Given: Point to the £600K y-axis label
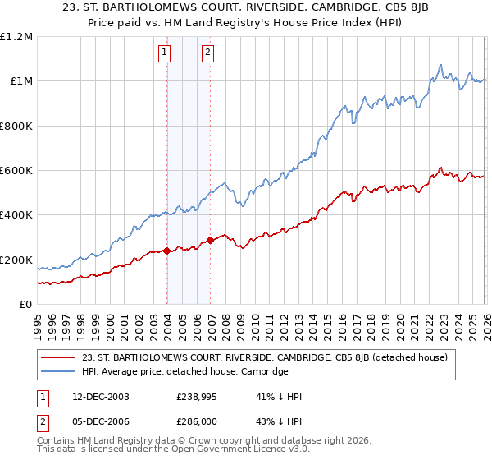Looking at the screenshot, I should coord(16,171).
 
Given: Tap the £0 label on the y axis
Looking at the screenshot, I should coord(26,305).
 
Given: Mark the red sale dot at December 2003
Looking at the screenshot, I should coord(167,251).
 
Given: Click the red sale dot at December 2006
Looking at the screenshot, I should coord(211,241).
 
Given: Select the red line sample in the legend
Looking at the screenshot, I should coord(58,357).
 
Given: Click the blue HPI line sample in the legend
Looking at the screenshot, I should coord(58,371).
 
